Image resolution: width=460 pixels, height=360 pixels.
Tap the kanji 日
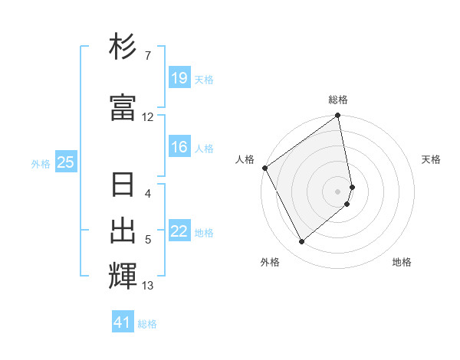[x=123, y=186]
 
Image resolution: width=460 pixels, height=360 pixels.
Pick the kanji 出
[x=123, y=230]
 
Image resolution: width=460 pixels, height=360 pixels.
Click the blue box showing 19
[x=179, y=78]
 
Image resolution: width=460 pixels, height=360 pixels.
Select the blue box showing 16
[x=179, y=147]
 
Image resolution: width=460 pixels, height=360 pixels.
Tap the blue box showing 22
[x=179, y=232]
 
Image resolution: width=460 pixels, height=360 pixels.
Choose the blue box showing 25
[x=66, y=162]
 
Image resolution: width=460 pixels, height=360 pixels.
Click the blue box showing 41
[x=123, y=322]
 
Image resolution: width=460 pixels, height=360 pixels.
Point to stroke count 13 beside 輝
[x=148, y=286]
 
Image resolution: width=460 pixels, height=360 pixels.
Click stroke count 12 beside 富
[x=148, y=117]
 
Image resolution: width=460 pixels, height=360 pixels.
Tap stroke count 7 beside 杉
[x=147, y=56]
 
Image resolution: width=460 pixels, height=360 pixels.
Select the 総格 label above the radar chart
[x=338, y=100]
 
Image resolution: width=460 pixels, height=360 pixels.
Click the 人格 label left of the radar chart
[x=245, y=159]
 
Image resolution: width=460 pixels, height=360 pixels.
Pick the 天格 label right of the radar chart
[x=432, y=159]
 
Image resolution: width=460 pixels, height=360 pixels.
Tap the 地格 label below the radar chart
[x=402, y=262]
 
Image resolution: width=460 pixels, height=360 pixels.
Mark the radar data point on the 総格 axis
[x=338, y=116]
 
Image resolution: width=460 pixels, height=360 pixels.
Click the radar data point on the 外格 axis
[x=301, y=241]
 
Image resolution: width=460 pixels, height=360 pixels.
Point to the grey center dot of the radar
[x=338, y=191]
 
